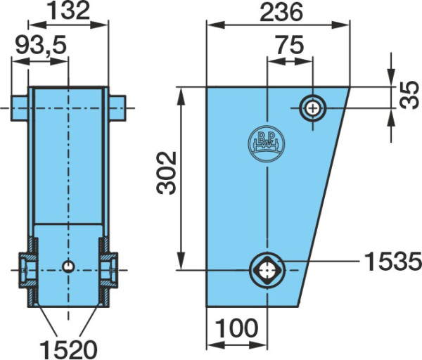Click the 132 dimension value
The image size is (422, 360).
click(x=68, y=11)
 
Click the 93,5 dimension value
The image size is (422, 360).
click(x=41, y=45)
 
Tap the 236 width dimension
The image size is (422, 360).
click(x=281, y=13)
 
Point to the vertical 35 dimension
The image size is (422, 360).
click(x=409, y=95)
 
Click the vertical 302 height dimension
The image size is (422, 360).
click(x=167, y=173)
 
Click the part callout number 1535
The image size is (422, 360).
click(x=392, y=261)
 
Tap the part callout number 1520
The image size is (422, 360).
click(x=68, y=349)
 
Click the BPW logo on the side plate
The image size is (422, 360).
click(x=266, y=143)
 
